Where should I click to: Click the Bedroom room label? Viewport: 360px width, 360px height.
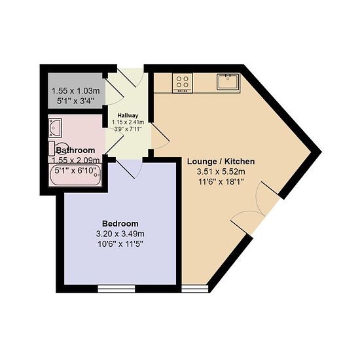pos(120,223)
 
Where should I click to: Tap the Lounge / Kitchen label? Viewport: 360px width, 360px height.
pos(221,162)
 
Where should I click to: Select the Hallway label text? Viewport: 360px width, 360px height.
pos(128,115)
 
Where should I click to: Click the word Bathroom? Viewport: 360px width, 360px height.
pos(75,150)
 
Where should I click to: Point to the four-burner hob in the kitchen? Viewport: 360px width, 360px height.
pos(183,83)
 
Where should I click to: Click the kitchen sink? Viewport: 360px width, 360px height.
pos(228,82)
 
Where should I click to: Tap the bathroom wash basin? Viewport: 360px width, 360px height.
pos(56,128)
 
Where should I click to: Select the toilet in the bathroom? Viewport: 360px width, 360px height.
pos(58,149)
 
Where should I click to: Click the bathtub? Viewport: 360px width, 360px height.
pos(75,175)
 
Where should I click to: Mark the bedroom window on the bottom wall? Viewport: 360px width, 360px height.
pos(117,289)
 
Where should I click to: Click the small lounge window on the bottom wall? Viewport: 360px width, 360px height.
pos(195,289)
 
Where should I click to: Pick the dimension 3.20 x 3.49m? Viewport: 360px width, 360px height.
pos(120,234)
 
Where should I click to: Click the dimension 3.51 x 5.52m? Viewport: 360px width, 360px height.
pos(221,171)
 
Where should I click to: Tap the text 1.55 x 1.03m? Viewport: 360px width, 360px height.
pos(76,91)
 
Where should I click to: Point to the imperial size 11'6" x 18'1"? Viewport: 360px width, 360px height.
pos(221,181)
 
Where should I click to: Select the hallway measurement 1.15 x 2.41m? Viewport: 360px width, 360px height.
pos(128,122)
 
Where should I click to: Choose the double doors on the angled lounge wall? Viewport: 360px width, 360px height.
pos(255,207)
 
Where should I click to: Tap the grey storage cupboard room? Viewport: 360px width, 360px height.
pos(75,90)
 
